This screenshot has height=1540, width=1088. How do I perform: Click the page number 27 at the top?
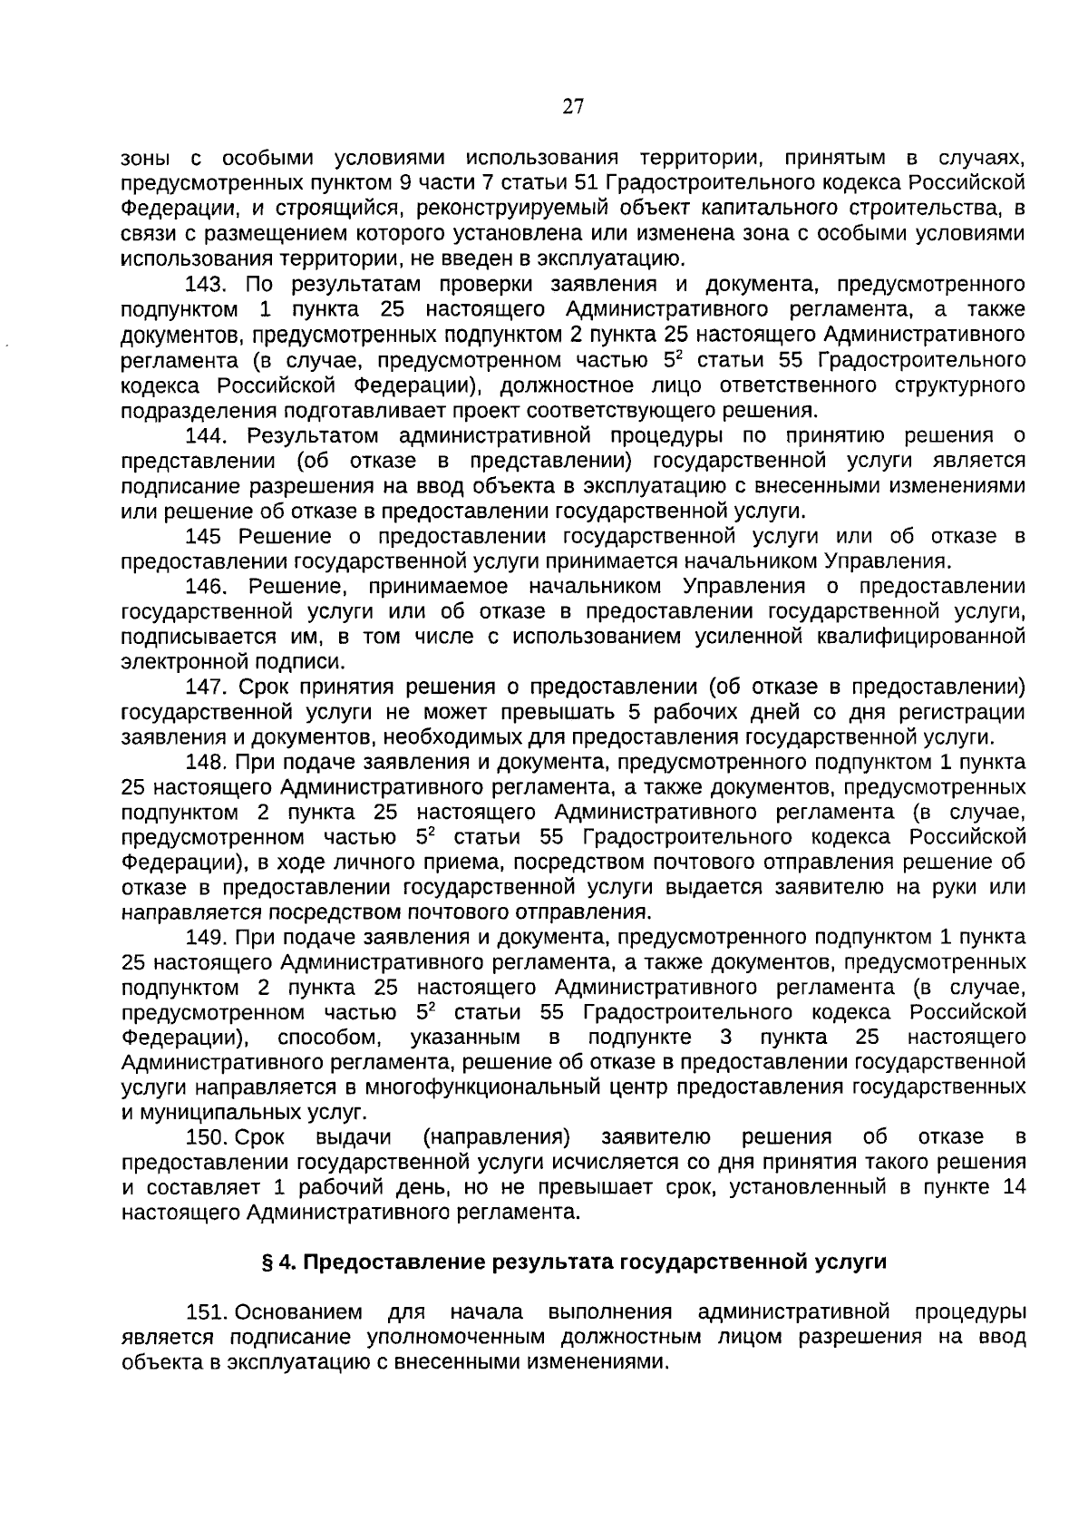point(573,107)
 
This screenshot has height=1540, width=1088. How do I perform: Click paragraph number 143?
point(205,285)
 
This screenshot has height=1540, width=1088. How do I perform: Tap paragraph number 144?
point(205,435)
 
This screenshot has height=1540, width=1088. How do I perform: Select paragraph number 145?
point(203,536)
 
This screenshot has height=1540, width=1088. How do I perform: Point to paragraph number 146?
point(205,586)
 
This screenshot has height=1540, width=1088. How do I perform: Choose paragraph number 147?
point(205,687)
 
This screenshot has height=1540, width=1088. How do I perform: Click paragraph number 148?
point(205,762)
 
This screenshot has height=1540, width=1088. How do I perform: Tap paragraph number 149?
point(205,937)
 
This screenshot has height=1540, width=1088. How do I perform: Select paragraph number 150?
point(205,1137)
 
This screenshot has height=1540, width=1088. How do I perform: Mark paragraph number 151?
point(205,1312)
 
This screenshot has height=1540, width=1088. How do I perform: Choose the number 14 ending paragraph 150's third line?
point(1015,1187)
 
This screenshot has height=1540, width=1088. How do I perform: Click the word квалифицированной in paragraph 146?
point(915,637)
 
